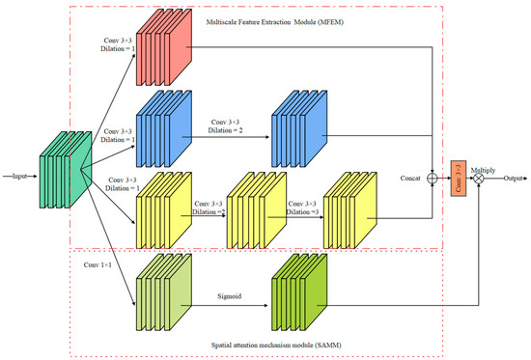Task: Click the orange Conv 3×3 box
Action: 458,178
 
